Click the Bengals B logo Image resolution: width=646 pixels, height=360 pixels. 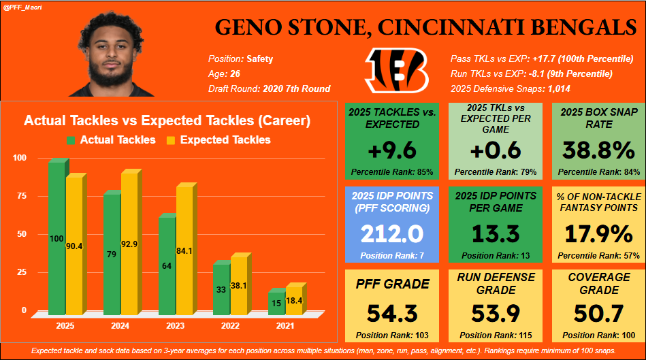[396, 71]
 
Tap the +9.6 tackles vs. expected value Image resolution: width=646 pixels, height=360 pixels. [392, 150]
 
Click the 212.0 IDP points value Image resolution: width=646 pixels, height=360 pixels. [392, 234]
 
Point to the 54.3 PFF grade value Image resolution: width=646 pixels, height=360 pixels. [392, 314]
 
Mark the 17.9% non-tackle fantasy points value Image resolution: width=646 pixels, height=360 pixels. [596, 234]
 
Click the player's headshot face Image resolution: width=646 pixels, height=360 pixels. [120, 52]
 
